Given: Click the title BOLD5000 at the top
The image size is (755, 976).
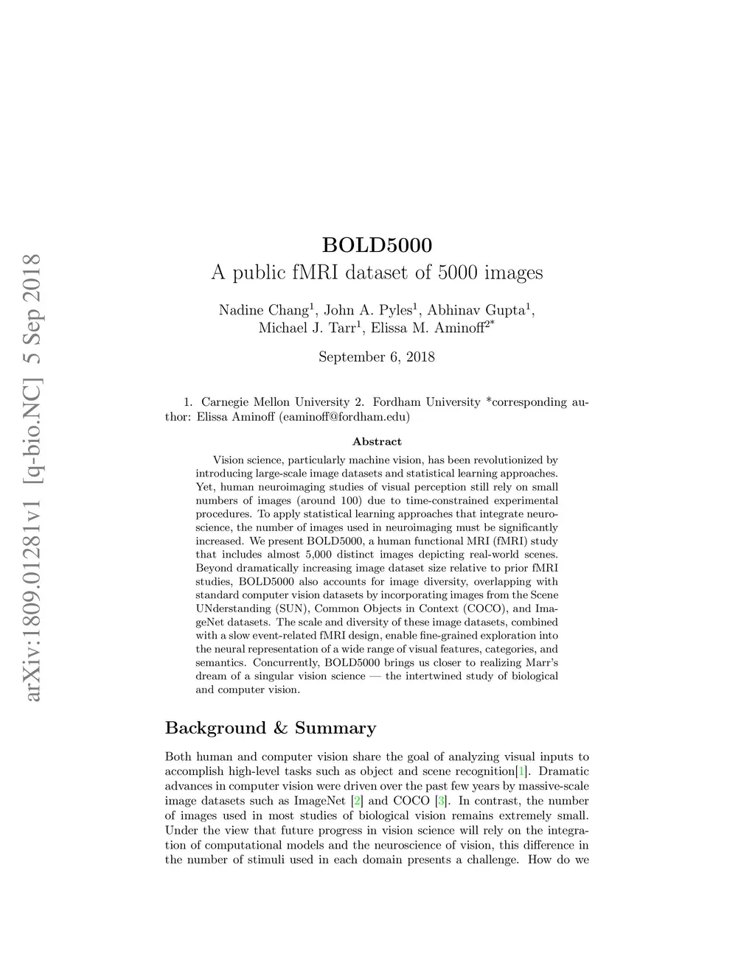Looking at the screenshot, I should [377, 244].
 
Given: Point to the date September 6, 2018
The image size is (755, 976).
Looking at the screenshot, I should [377, 357].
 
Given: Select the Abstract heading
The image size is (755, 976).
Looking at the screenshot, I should [377, 442].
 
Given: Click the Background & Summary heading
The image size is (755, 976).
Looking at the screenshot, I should [271, 729].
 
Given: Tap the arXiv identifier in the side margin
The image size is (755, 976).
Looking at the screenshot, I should [33, 479].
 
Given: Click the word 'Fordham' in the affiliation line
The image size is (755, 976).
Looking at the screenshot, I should [397, 402].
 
